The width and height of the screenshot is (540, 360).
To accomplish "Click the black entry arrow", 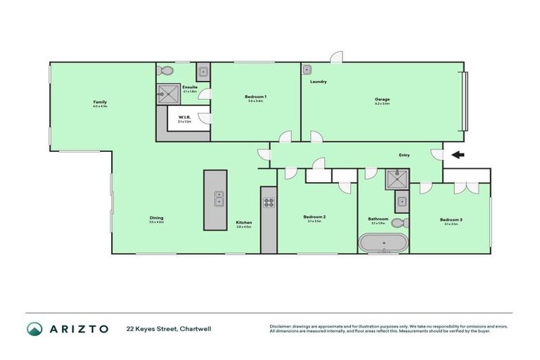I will pos(458,155).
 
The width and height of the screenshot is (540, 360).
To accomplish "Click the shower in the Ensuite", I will pos(167,92).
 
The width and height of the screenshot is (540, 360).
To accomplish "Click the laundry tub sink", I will pos(307,70).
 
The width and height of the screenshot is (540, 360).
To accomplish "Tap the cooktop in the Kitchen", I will pos(268,202).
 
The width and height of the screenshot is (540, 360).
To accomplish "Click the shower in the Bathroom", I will pos(394,180).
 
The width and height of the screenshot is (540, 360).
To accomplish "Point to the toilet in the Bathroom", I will pos(399,224).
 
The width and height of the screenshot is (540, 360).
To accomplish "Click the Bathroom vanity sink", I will pos(401,202).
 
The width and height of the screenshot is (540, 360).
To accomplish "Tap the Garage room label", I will pos(382,99).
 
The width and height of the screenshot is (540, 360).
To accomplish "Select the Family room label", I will pos(100,102).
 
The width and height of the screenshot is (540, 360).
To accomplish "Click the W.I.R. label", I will pos(185,117).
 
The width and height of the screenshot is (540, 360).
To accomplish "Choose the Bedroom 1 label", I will pos(255,96).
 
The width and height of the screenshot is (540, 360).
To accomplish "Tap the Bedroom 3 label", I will pos(451,220).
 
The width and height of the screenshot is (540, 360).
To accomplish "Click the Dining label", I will pos(156,218).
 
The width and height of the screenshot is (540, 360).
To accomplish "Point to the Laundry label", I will pos(319,82).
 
